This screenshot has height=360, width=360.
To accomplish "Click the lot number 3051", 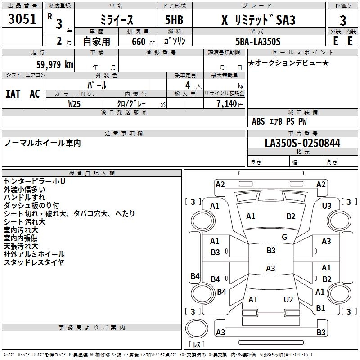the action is (x=22, y=19).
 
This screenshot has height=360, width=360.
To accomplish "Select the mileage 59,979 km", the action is (x=50, y=65).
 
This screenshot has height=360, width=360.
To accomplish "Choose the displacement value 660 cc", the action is (x=137, y=41).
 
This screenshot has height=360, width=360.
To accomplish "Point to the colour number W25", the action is (x=75, y=103).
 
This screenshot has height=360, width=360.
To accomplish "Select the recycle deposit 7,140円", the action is (x=229, y=103).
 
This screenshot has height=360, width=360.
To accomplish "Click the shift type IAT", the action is (x=13, y=94).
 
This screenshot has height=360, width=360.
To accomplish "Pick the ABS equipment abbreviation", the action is (x=258, y=121).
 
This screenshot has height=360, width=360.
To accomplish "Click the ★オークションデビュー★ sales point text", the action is (x=288, y=63).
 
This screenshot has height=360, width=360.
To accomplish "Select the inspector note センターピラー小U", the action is (x=35, y=181).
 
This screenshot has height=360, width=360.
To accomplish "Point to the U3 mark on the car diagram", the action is (x=327, y=206).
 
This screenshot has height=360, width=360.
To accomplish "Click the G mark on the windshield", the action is (x=284, y=237).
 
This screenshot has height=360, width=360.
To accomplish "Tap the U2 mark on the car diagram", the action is (x=288, y=300).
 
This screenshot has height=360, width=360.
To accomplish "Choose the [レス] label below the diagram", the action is (x=197, y=345).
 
